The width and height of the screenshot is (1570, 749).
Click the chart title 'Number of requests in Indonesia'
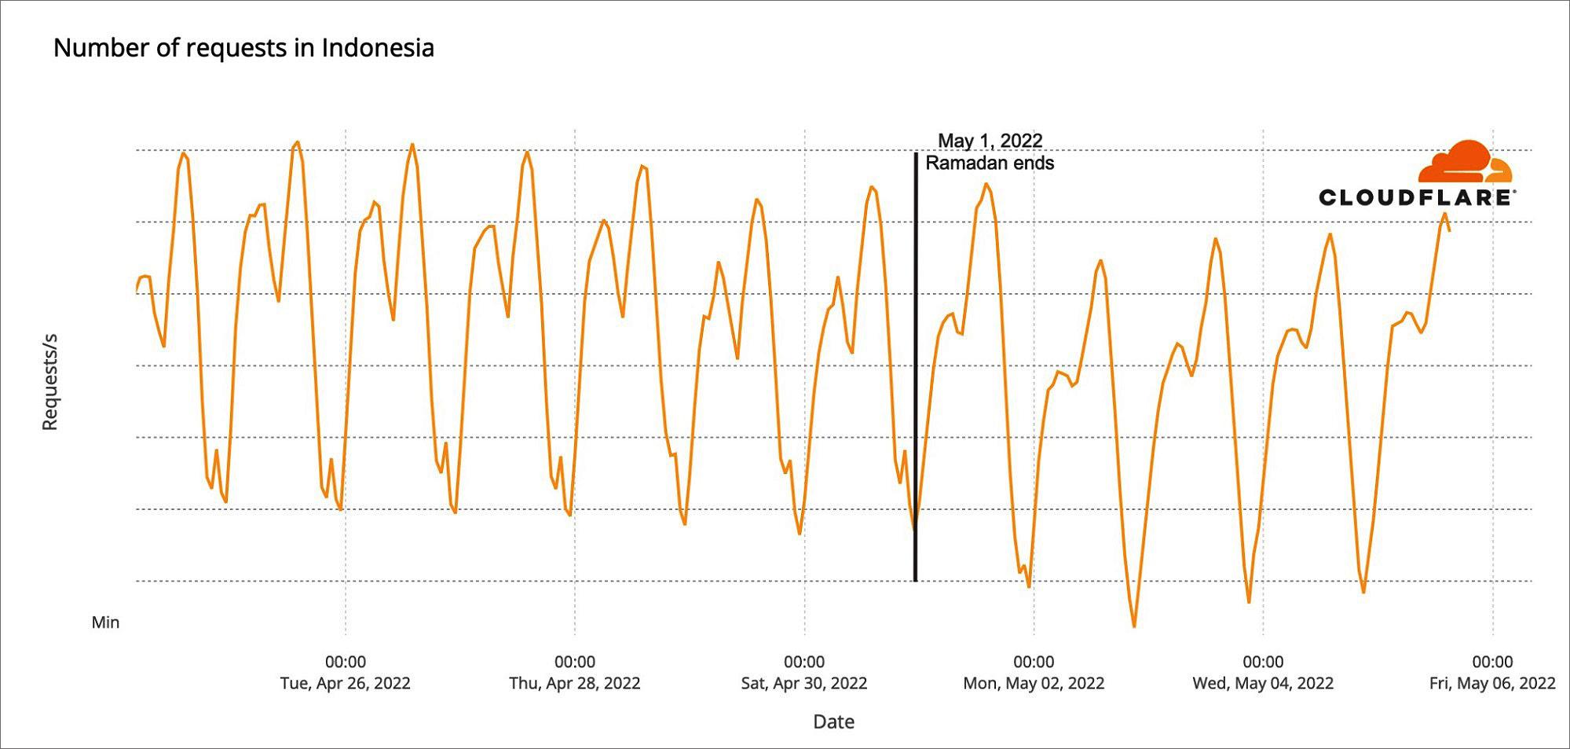(243, 48)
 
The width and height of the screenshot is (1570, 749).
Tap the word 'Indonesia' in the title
(378, 48)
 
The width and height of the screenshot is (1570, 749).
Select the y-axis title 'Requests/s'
(49, 382)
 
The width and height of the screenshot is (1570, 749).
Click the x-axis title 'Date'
(833, 721)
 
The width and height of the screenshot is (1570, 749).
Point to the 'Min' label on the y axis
(105, 622)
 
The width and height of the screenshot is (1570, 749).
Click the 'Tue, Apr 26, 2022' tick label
(345, 683)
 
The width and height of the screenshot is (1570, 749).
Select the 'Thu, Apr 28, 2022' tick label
(574, 683)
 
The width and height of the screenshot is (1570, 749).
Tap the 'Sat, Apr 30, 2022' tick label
(804, 683)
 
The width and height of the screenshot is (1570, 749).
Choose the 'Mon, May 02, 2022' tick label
(1034, 683)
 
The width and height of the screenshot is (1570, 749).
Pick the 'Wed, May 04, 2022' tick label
(1263, 683)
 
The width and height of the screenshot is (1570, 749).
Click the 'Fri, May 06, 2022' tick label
(1492, 683)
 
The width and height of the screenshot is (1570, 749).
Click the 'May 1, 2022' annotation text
(990, 141)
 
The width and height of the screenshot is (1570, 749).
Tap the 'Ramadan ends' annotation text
(990, 163)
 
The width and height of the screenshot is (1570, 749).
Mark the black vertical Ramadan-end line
(915, 367)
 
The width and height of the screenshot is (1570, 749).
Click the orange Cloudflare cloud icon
(1465, 162)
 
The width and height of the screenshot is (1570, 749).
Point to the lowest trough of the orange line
(1134, 626)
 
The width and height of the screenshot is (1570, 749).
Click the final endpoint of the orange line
(1449, 230)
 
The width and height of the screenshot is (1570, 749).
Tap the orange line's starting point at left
(137, 292)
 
